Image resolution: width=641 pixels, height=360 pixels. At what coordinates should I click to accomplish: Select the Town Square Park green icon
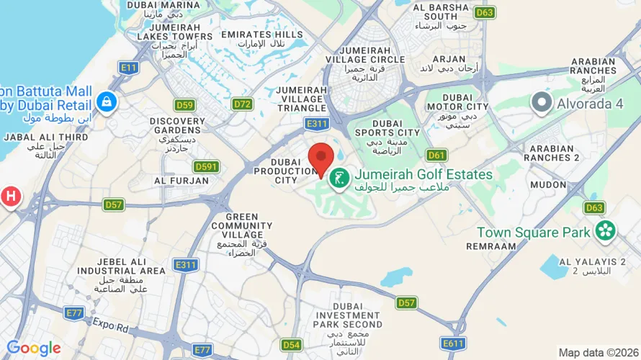(606, 231)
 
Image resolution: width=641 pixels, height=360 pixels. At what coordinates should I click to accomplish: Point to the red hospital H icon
(10, 195)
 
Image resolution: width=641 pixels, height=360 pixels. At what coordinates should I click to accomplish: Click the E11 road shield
(129, 68)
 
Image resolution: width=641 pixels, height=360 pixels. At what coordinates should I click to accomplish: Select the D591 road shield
(206, 167)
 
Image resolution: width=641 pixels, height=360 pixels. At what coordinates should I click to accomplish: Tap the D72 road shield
(243, 104)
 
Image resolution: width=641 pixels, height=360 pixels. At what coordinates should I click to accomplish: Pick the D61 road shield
(436, 155)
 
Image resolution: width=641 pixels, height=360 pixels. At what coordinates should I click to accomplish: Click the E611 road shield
(454, 345)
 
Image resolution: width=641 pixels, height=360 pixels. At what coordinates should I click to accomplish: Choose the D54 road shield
(291, 345)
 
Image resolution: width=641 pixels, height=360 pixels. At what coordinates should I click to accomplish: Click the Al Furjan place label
(181, 181)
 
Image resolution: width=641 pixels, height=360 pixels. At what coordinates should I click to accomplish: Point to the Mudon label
(548, 184)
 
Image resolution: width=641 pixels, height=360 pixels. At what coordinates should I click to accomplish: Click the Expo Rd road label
(110, 326)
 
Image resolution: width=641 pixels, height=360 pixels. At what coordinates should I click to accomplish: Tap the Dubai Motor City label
(457, 102)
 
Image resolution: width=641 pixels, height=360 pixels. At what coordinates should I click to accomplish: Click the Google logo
(34, 348)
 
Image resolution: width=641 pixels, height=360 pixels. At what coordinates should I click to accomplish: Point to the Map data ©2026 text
(599, 353)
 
